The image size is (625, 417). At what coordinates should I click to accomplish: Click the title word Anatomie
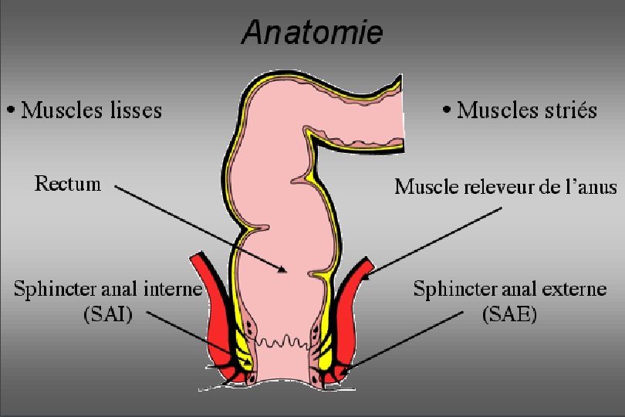click(312, 33)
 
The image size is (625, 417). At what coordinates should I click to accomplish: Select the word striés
click(569, 110)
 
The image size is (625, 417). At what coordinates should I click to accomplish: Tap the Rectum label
click(68, 184)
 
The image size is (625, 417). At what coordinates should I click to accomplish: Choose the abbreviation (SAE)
click(510, 315)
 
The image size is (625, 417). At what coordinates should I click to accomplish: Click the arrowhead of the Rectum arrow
click(283, 270)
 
